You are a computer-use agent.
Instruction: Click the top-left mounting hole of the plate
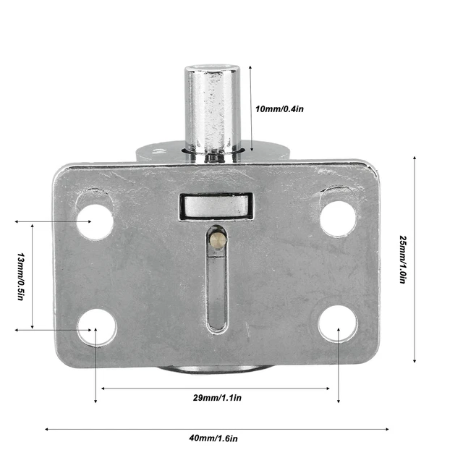[95, 221]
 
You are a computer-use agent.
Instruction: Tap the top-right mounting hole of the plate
[338, 218]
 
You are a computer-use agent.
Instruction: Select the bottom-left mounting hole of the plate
[97, 328]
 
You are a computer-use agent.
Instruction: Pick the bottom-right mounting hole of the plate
[337, 324]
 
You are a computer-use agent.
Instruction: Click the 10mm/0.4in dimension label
[279, 109]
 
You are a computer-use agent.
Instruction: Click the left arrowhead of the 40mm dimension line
[48, 428]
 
